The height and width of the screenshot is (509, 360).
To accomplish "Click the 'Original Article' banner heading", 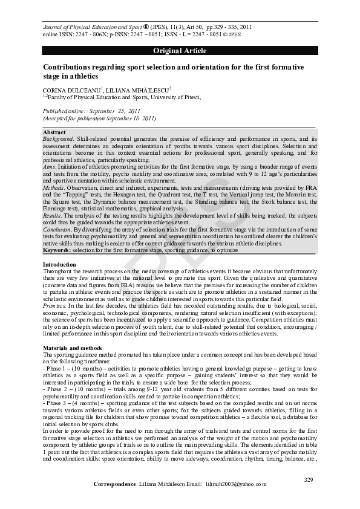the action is coord(180,51).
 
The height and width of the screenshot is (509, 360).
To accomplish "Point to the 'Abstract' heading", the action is coord(54,132).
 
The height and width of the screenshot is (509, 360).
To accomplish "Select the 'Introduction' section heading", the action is coord(59,265).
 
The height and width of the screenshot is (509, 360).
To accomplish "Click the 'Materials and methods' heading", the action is coord(70,348).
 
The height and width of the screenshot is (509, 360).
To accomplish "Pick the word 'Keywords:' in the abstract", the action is coord(56,250).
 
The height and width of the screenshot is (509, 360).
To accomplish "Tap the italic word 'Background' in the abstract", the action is coord(57,138).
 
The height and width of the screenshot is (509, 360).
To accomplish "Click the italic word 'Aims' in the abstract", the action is coord(49,166).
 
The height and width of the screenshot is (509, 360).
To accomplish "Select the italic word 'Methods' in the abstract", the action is coord(53,188).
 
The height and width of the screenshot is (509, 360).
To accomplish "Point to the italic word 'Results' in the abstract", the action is coord(52,215).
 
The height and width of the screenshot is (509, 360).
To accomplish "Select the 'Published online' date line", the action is coord(91,111).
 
